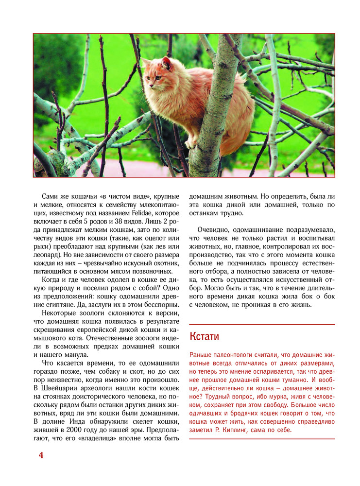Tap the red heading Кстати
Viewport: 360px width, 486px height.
tap(204, 336)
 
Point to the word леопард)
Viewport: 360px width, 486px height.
tap(48, 254)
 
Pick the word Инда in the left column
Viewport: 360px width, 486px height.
tap(72, 421)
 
